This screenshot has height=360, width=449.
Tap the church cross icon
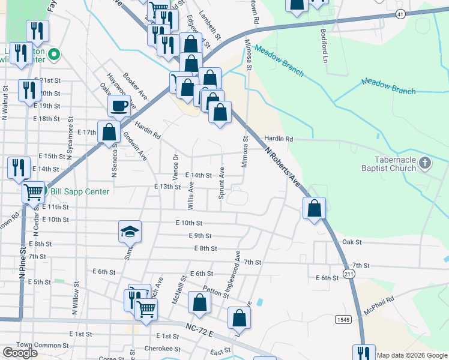tap(424, 163)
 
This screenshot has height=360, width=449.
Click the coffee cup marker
tap(119, 106)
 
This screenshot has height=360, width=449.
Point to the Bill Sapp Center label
tap(80, 192)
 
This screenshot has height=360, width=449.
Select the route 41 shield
tap(400, 13)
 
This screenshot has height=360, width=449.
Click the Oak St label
tap(352, 242)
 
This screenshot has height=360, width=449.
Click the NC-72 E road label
tap(199, 330)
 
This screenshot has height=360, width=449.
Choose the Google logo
tap(20, 353)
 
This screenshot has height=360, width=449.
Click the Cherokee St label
tap(163, 349)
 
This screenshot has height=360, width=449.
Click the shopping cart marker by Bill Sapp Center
tap(33, 192)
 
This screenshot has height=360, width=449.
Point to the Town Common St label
tap(43, 345)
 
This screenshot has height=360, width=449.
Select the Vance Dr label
tap(175, 165)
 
